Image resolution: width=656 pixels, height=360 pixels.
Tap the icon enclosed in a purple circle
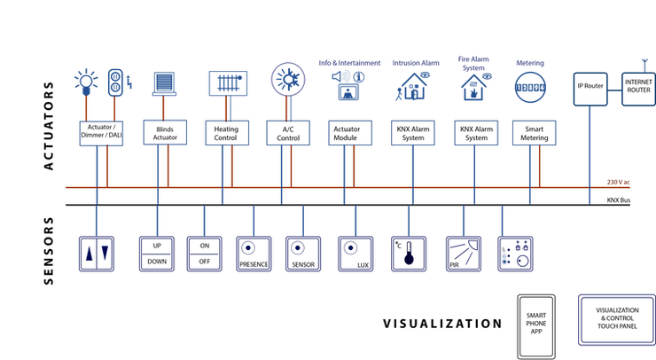point(285,77)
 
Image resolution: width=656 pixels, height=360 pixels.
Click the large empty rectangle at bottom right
point(616,319)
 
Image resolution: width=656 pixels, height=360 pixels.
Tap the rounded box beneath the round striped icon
point(534,133)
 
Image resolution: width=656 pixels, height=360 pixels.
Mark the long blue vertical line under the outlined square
point(591,151)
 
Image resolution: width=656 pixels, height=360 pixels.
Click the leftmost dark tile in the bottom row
point(96,254)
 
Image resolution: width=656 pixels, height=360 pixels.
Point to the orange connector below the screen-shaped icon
point(224,109)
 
